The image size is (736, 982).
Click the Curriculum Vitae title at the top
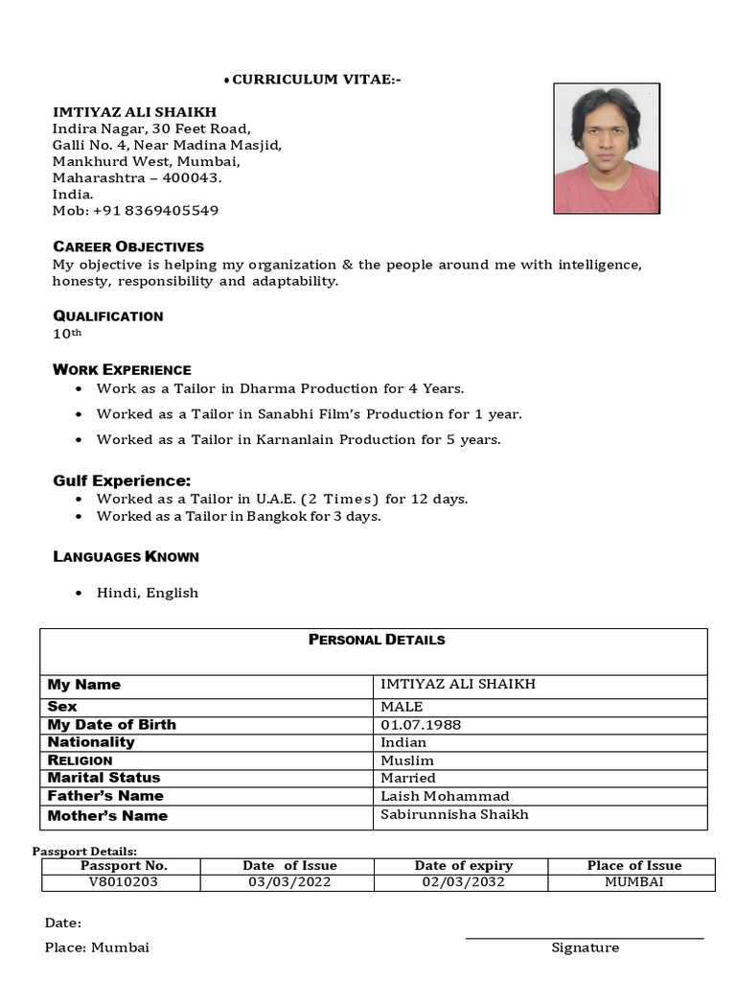click(x=316, y=80)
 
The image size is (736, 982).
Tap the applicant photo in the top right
click(x=606, y=149)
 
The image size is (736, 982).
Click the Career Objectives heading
click(x=127, y=246)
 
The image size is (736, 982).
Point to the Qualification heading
click(x=107, y=316)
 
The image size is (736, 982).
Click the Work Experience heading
click(x=122, y=369)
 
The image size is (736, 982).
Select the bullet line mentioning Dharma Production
click(x=280, y=388)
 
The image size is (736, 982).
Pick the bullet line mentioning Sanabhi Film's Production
click(x=309, y=414)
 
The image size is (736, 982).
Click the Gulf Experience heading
click(x=122, y=480)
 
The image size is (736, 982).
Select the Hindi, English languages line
click(x=147, y=593)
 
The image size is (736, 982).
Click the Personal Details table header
click(x=376, y=640)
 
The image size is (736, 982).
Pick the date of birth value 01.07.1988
click(x=421, y=724)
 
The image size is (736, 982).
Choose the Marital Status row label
click(x=103, y=778)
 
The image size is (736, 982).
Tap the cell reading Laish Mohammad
click(x=445, y=796)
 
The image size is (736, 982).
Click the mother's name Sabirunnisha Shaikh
click(x=454, y=815)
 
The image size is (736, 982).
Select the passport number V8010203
click(x=124, y=882)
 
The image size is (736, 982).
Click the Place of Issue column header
click(x=633, y=865)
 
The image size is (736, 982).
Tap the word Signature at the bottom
click(x=585, y=947)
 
